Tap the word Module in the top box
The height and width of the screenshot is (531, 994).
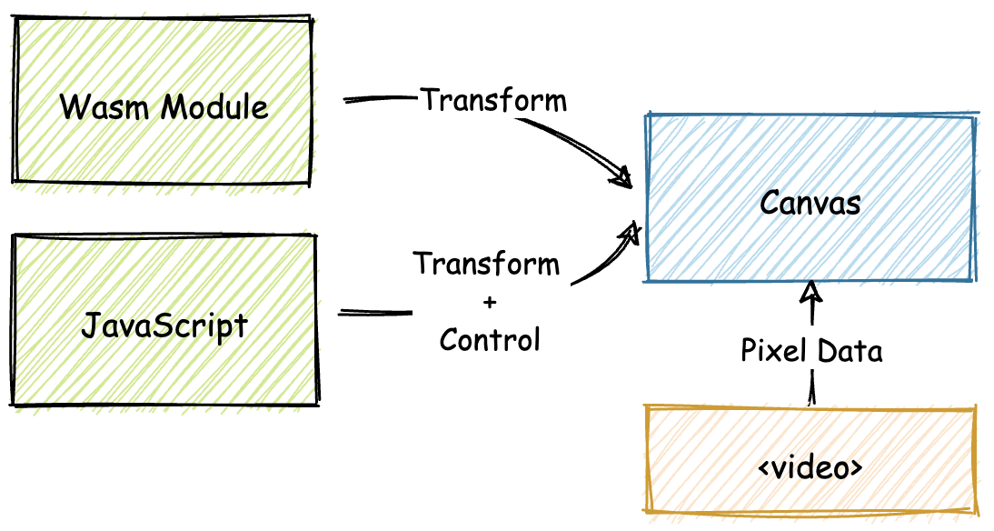(215, 107)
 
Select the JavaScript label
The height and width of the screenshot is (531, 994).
(164, 324)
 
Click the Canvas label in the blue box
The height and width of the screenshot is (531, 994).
(810, 202)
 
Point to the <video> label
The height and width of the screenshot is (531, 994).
(810, 468)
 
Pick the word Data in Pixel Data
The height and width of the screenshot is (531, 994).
(848, 351)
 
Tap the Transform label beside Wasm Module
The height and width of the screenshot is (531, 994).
(493, 100)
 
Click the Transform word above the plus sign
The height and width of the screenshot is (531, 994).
(486, 264)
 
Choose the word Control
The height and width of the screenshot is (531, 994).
(489, 339)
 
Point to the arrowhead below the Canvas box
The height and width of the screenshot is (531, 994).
(811, 292)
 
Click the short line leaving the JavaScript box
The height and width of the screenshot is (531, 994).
(374, 313)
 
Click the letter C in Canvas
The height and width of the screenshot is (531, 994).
(770, 202)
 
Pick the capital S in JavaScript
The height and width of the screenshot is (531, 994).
(157, 324)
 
